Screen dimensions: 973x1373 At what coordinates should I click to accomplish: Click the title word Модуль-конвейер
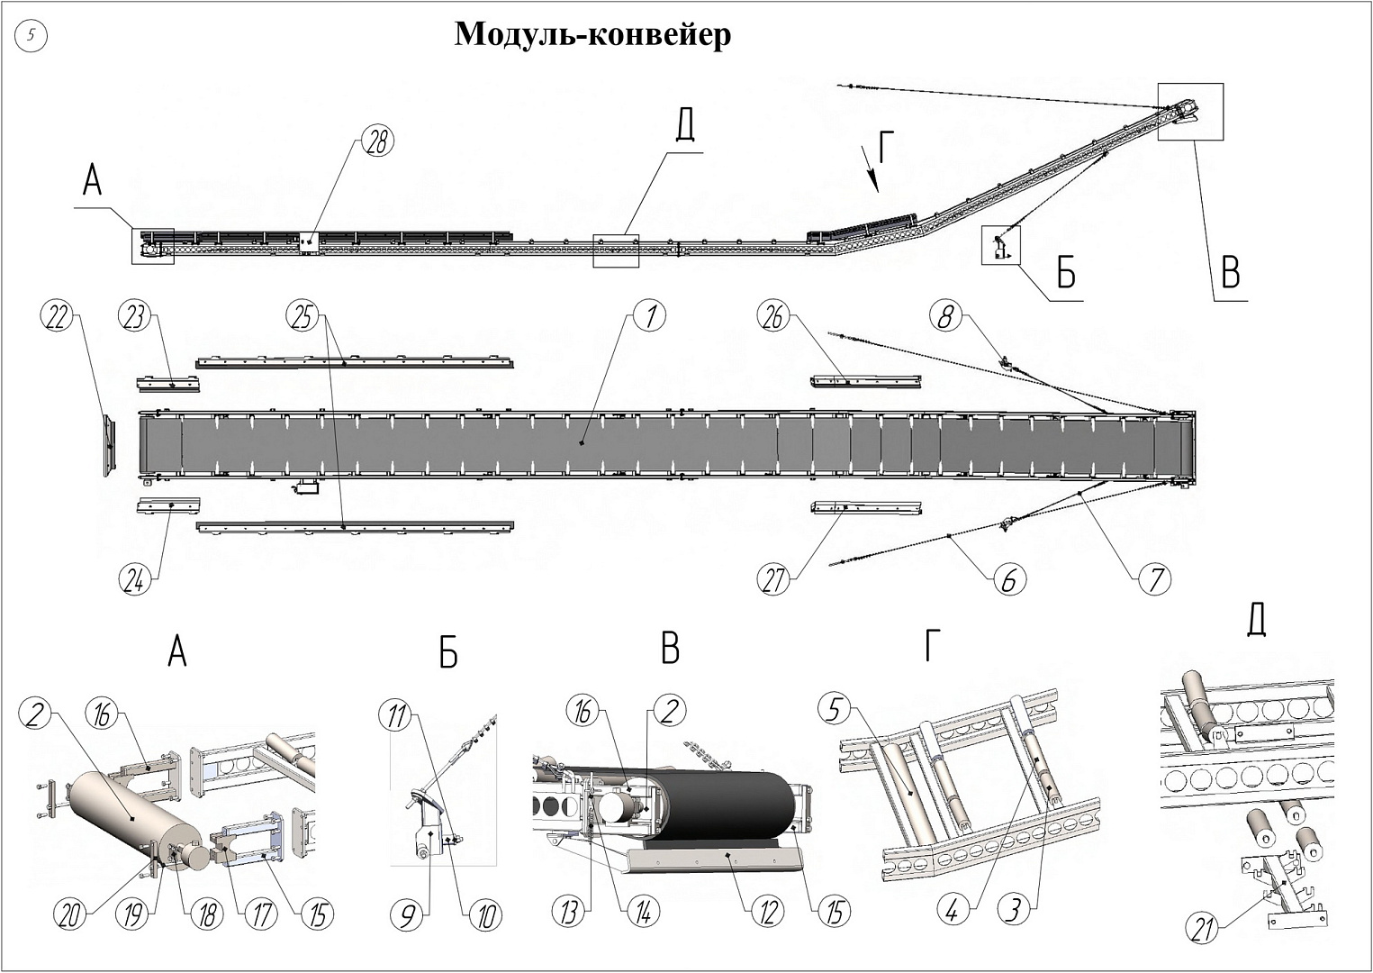592,35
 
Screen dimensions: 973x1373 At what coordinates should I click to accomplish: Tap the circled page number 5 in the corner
32,36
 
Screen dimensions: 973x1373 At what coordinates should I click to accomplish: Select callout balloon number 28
378,141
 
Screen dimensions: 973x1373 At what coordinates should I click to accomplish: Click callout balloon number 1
650,316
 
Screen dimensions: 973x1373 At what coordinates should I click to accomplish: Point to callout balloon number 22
57,317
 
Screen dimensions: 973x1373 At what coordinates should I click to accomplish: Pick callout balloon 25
303,316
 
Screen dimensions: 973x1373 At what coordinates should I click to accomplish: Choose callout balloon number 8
946,316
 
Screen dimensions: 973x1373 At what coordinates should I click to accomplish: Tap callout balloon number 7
1156,579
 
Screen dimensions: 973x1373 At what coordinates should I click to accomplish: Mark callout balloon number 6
1008,580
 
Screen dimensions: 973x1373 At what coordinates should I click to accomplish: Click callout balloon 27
774,579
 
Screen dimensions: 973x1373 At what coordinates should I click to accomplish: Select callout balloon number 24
135,579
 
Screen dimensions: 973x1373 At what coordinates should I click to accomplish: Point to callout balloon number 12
767,913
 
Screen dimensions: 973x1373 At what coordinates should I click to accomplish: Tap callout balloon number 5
835,709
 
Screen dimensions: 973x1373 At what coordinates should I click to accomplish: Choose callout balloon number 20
70,914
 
